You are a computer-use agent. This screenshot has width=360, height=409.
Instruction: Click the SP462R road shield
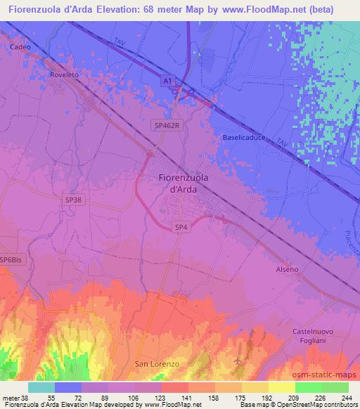167,123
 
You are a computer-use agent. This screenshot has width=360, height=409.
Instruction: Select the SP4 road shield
181,226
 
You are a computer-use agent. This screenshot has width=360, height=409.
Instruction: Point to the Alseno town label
287,269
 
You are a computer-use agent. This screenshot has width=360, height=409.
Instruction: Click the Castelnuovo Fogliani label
313,335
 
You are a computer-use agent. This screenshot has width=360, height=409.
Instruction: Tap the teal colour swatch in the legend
41,387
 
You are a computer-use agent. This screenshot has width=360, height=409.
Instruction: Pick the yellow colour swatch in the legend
281,387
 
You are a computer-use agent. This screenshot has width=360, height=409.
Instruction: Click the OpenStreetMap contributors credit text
314,405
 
